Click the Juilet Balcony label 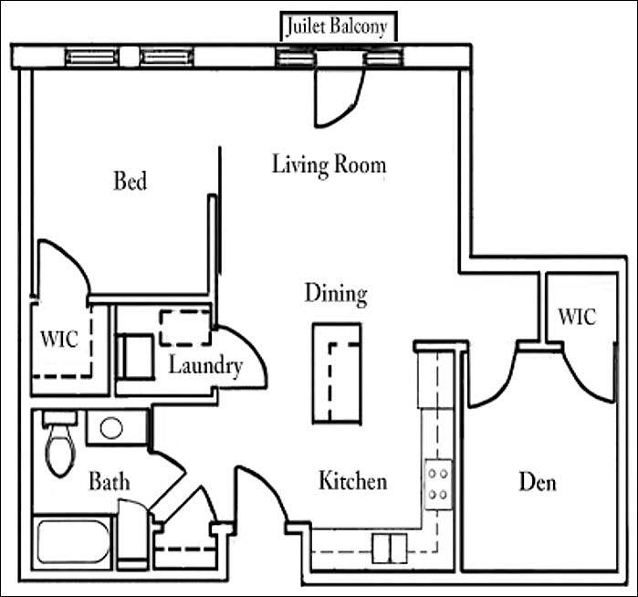pyautogui.click(x=337, y=26)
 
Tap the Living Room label pyautogui.click(x=329, y=165)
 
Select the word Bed pyautogui.click(x=131, y=181)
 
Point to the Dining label pyautogui.click(x=336, y=295)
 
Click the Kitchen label pyautogui.click(x=352, y=480)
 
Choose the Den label pyautogui.click(x=538, y=482)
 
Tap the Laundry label pyautogui.click(x=205, y=365)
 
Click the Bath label pyautogui.click(x=110, y=481)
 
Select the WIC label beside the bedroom pyautogui.click(x=59, y=339)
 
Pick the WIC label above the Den pyautogui.click(x=577, y=317)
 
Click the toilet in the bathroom pyautogui.click(x=60, y=444)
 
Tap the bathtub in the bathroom pyautogui.click(x=73, y=542)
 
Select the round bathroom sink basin pyautogui.click(x=111, y=428)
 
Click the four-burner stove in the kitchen pyautogui.click(x=438, y=485)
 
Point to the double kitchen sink pyautogui.click(x=390, y=549)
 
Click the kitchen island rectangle pyautogui.click(x=337, y=373)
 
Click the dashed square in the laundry pyautogui.click(x=186, y=328)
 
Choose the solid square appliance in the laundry pyautogui.click(x=136, y=357)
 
